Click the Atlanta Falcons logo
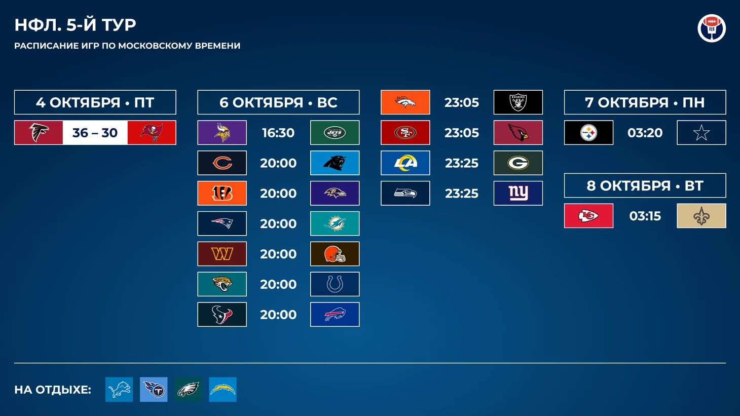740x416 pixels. tap(39, 132)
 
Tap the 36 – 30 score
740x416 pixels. tap(95, 133)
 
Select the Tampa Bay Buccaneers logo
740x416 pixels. tap(152, 132)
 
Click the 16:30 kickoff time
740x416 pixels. tap(278, 133)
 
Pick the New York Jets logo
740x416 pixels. tap(335, 133)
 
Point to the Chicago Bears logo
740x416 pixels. tap(222, 163)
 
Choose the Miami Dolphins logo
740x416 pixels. tap(335, 223)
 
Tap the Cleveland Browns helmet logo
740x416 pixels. tap(335, 254)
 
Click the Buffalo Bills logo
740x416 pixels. tap(335, 314)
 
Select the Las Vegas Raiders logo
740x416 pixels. tap(518, 102)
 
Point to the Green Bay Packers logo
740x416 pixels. tap(518, 163)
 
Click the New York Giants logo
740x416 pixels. tap(518, 193)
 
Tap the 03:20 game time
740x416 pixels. tap(645, 133)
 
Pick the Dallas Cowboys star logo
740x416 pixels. tap(701, 133)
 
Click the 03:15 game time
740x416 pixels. tap(645, 216)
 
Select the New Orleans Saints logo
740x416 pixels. tap(701, 216)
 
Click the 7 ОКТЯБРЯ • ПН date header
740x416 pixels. tap(645, 102)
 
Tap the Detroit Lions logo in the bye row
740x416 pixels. tap(119, 390)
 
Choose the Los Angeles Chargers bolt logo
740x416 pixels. tap(223, 390)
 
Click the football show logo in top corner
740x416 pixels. tap(712, 28)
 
